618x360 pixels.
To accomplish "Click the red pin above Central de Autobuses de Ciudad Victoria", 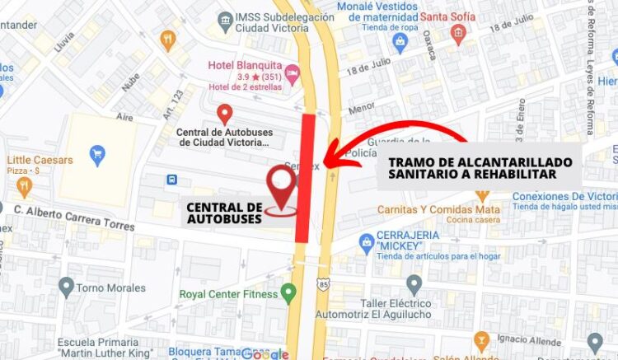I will click(224, 114).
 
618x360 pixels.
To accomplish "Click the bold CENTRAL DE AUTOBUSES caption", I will click(224, 213).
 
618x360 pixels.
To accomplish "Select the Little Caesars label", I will click(40, 159).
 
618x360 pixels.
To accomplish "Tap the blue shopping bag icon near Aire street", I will click(98, 154).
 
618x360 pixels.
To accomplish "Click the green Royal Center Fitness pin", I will click(288, 292).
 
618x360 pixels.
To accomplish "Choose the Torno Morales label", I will click(105, 288).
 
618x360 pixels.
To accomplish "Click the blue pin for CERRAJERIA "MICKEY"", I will click(368, 242).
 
